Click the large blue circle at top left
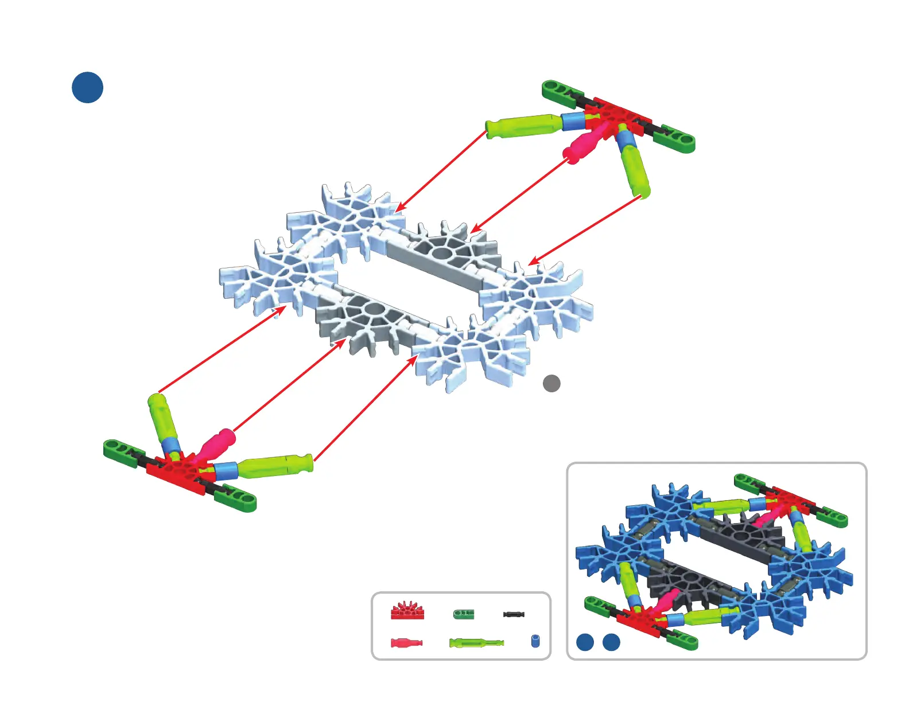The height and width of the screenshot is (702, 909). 87,88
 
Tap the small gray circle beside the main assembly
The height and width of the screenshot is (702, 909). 551,383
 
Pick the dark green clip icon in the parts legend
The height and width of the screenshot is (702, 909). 464,614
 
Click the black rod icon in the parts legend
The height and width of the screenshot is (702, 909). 514,614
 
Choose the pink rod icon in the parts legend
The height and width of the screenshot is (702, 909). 406,642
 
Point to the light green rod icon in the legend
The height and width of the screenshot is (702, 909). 476,642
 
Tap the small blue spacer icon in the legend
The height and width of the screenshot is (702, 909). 535,641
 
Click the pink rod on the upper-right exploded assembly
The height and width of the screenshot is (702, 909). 585,143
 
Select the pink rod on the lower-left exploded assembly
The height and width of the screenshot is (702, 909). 216,444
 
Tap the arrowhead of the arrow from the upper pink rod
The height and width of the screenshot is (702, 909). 474,230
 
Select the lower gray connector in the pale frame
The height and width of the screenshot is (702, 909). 367,315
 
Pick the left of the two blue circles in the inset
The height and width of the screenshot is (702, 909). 585,642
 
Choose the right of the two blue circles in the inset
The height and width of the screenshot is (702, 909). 612,642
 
